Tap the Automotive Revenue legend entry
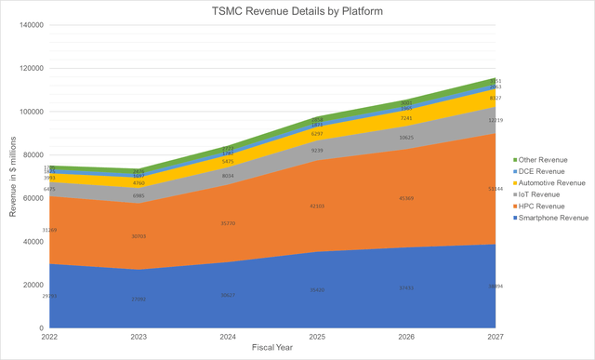pyautogui.click(x=554, y=182)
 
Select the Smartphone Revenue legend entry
pyautogui.click(x=555, y=218)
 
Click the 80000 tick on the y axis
pyautogui.click(x=34, y=155)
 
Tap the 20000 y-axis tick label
pyautogui.click(x=34, y=285)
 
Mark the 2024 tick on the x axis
pyautogui.click(x=225, y=337)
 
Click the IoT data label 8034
pyautogui.click(x=229, y=175)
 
